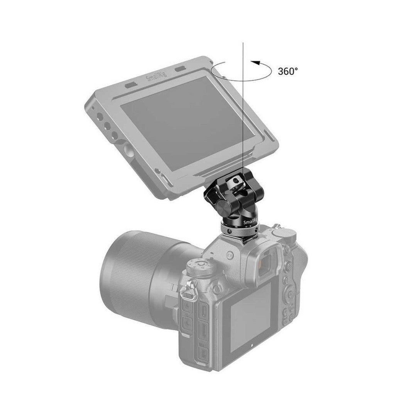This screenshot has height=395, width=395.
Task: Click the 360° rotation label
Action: click(288, 71)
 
